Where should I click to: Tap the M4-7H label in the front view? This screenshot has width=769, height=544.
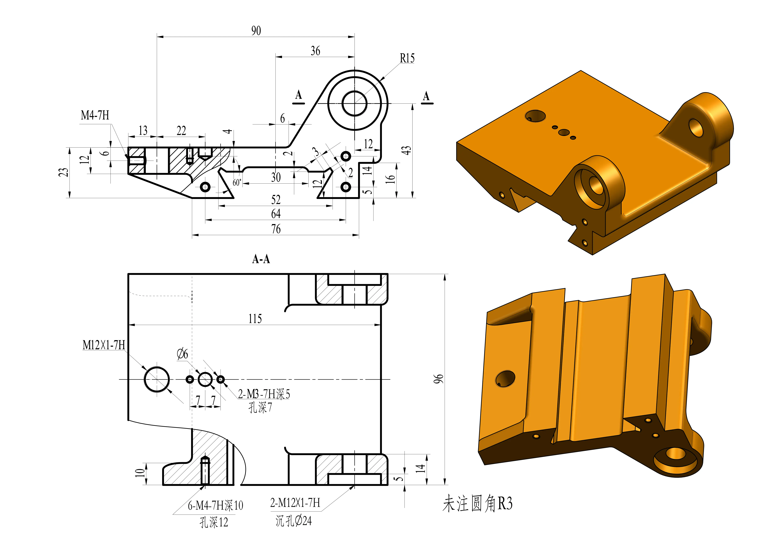coord(95,116)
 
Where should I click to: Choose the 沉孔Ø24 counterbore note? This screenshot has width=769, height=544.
coord(294,521)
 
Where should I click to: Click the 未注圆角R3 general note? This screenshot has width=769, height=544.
coord(477,504)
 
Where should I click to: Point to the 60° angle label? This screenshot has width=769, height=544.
coord(237,183)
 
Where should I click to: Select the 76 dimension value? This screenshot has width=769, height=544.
coord(276,229)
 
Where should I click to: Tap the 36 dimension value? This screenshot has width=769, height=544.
coord(315,51)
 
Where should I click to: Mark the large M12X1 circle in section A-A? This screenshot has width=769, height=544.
coord(157,379)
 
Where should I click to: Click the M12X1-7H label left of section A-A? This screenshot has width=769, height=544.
coord(104,345)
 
